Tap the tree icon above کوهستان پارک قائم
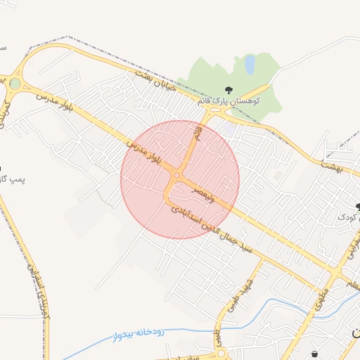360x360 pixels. (229, 89)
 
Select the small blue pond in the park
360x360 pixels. (250, 65)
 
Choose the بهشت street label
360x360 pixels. (330, 166)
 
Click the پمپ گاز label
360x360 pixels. (12, 180)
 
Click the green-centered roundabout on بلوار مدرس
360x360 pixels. (15, 84)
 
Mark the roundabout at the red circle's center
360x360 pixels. (178, 176)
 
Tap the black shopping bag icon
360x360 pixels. (314, 354)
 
